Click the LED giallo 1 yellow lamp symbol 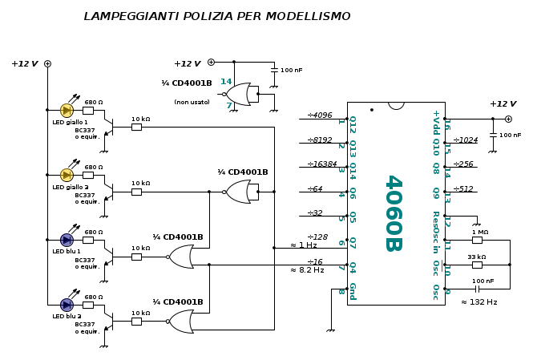67,110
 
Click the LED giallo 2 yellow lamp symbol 67,175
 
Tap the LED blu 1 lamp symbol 67,240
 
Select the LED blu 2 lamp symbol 67,305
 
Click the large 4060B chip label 392,212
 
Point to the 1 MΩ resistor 477,240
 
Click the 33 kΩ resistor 477,265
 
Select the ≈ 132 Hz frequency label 478,302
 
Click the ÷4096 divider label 319,115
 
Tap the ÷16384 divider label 321,164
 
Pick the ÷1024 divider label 465,140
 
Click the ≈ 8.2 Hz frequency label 307,270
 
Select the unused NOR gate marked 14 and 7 240,94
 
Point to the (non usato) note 192,103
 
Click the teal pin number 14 226,82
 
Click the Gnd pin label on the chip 352,290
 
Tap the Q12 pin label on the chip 352,124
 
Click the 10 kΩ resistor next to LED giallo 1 136,127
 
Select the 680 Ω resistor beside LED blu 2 87,305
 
